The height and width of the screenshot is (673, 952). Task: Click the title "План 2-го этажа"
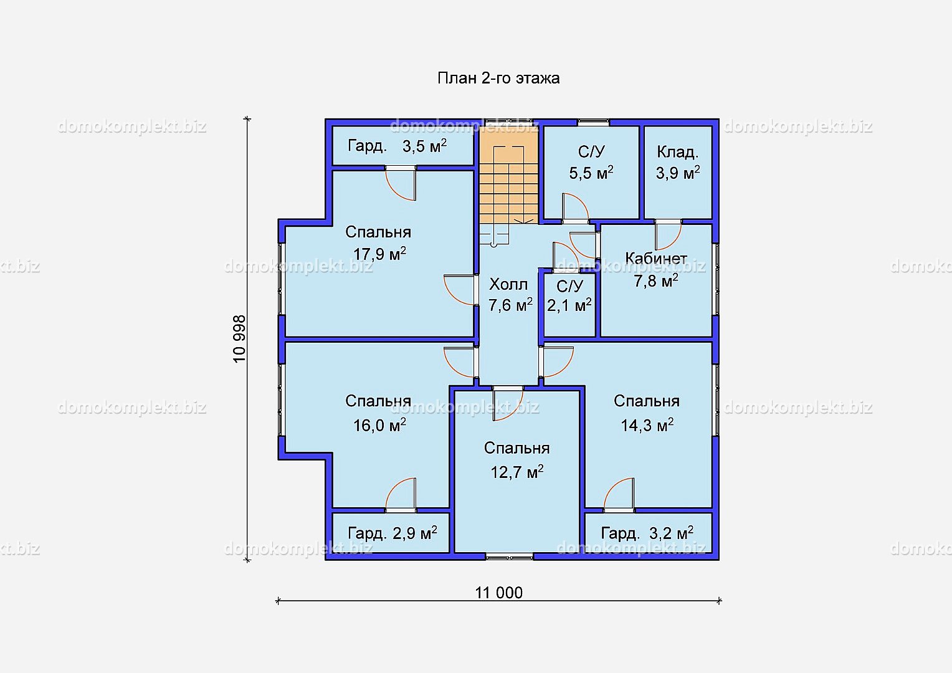pos(498,79)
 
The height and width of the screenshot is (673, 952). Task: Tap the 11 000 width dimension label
pos(498,593)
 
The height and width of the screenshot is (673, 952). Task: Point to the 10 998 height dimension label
pos(239,339)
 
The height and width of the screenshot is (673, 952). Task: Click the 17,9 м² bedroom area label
pos(379,254)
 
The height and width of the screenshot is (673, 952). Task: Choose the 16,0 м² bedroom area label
pos(379,425)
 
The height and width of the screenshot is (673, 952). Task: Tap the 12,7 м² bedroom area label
pos(516,472)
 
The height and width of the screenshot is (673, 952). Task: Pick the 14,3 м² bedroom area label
pos(647,425)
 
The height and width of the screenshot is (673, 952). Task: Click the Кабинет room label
pos(656,258)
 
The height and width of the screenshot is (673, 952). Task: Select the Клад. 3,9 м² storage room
pos(678,172)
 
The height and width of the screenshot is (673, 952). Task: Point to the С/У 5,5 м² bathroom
pos(592,172)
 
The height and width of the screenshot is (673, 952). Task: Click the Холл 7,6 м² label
pos(510,295)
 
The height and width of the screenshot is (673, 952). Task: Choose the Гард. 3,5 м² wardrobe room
pos(402,145)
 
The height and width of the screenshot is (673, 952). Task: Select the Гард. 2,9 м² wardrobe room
pos(391,533)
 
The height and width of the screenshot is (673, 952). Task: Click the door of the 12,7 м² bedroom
pos(508,403)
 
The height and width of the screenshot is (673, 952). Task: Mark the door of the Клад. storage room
pos(668,235)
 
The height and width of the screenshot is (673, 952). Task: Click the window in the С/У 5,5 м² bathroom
pos(593,122)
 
